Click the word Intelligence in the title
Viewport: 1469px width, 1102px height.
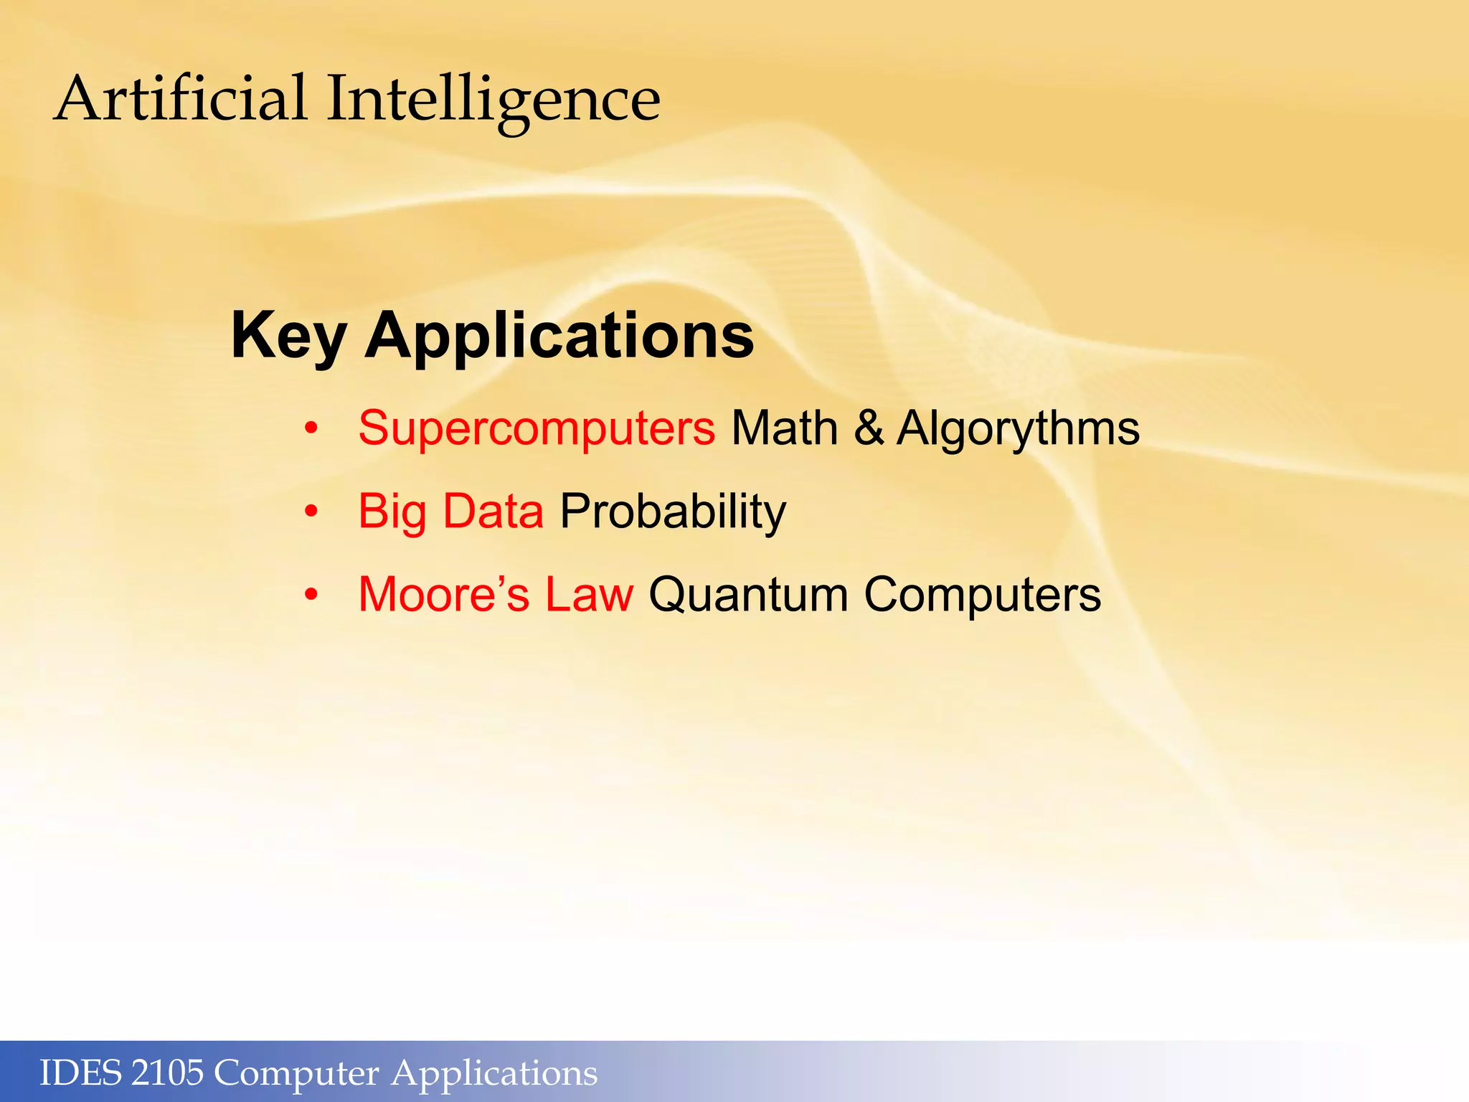pyautogui.click(x=493, y=100)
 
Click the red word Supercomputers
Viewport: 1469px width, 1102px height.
pyautogui.click(x=537, y=428)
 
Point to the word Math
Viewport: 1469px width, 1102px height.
pyautogui.click(x=784, y=428)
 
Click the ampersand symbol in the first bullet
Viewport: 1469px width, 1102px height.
pyautogui.click(x=869, y=428)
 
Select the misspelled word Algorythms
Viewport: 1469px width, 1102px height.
pyautogui.click(x=1018, y=428)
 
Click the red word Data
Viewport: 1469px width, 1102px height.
pyautogui.click(x=493, y=512)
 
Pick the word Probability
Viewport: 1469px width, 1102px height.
pyautogui.click(x=673, y=512)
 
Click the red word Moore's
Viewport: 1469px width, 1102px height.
pyautogui.click(x=444, y=595)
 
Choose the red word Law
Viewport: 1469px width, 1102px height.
pyautogui.click(x=589, y=595)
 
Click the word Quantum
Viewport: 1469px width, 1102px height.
pyautogui.click(x=748, y=595)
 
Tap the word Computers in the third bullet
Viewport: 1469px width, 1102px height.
pyautogui.click(x=982, y=595)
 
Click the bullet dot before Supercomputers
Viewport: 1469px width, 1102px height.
pyautogui.click(x=311, y=429)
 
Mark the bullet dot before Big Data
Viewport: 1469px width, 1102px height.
pyautogui.click(x=311, y=512)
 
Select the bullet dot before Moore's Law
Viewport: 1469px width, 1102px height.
pyautogui.click(x=311, y=595)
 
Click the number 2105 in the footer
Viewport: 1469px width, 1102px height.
pyautogui.click(x=168, y=1073)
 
